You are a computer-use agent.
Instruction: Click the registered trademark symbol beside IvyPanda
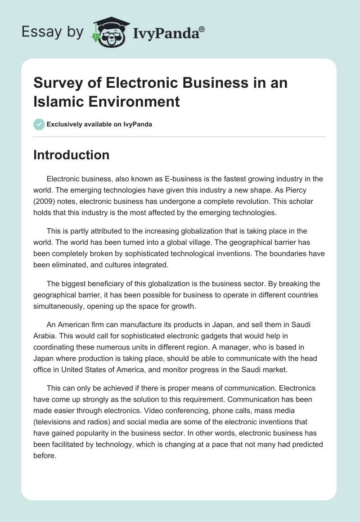[x=202, y=29]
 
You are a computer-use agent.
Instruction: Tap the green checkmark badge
[x=39, y=124]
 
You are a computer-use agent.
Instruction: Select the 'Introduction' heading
[x=72, y=155]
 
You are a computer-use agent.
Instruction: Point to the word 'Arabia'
[x=44, y=336]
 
